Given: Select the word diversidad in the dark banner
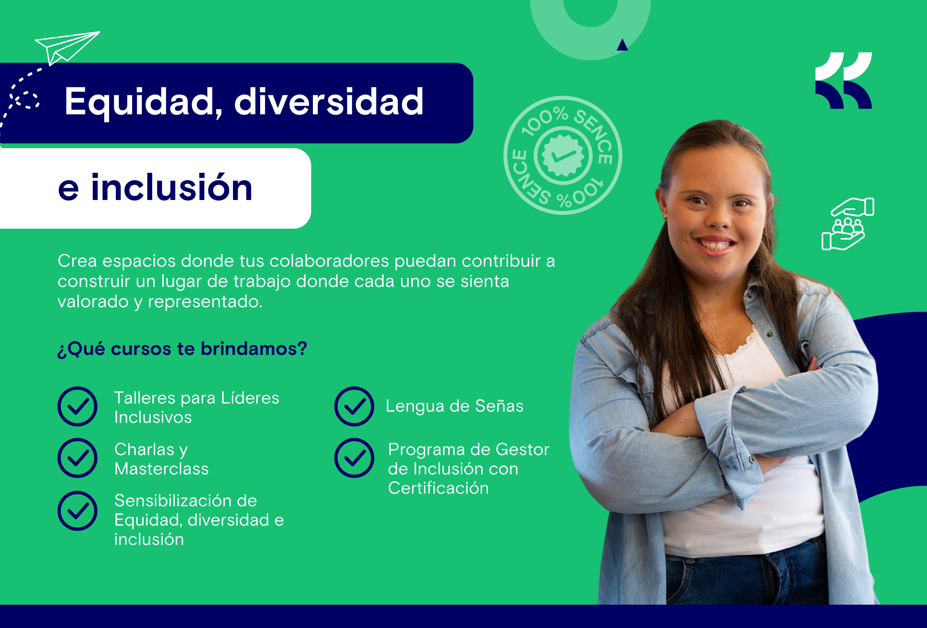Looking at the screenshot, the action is [x=329, y=102].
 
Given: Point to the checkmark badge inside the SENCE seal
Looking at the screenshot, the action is [x=563, y=155].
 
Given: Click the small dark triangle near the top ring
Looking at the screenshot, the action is [x=622, y=45].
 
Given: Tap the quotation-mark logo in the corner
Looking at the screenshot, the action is [x=843, y=81].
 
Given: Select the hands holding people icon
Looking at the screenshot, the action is [x=847, y=224].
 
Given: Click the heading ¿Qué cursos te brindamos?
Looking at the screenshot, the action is [x=182, y=349].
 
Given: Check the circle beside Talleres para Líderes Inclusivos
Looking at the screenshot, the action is [x=77, y=406].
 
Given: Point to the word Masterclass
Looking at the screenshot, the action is [x=162, y=469].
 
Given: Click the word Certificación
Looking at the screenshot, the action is [x=438, y=488].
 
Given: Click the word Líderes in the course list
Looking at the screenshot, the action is [x=250, y=398].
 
